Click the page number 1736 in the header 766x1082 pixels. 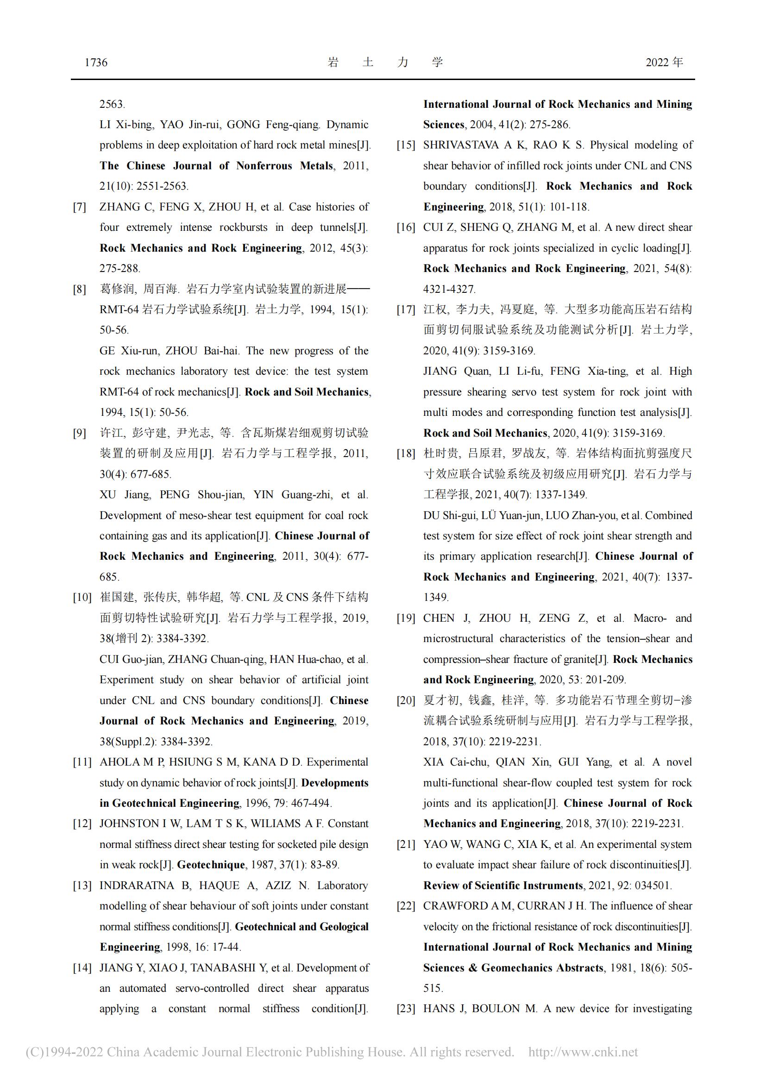point(96,62)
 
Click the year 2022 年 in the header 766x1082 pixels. point(664,62)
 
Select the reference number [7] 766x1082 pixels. point(79,207)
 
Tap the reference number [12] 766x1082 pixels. point(82,824)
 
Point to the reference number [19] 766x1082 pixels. point(406,618)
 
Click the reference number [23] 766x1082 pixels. point(406,1009)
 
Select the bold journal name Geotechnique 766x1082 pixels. point(211,865)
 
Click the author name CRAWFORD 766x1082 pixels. point(456,906)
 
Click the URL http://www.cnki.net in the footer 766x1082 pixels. point(583,1052)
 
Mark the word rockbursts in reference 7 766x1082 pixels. point(244,228)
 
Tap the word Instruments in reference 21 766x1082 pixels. point(552,885)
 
